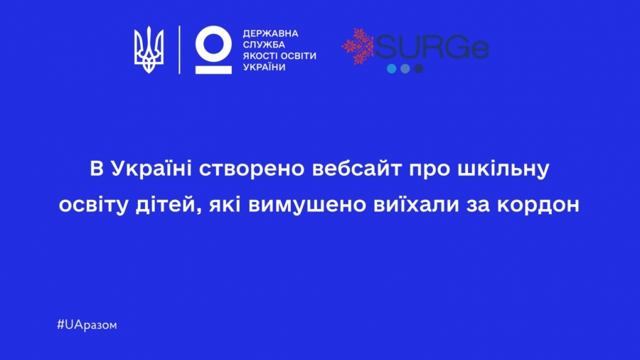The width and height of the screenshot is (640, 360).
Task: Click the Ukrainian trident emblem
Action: [149, 50]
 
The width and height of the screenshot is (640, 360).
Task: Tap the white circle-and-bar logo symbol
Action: [213, 50]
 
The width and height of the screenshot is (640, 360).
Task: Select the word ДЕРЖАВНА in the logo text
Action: [271, 33]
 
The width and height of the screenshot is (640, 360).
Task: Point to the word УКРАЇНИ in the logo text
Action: [264, 67]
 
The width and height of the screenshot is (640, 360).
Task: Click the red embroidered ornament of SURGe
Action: [358, 46]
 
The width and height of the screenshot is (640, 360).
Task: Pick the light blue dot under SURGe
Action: [391, 68]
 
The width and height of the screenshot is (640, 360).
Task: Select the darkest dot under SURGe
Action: [419, 68]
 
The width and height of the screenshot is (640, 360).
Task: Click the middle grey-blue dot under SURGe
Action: [405, 68]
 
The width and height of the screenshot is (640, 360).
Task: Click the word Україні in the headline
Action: [151, 169]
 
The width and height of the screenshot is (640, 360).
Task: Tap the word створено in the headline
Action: [252, 170]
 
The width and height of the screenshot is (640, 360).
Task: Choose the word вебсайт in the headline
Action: [357, 169]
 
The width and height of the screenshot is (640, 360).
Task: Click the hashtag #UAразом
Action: [87, 325]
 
